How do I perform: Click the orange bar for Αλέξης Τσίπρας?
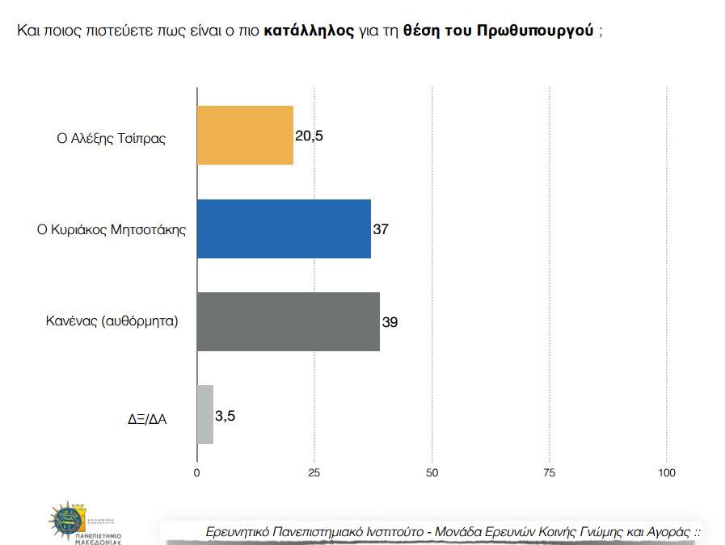(x=245, y=136)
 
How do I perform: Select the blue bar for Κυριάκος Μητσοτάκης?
(x=284, y=228)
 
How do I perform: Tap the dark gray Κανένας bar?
(x=288, y=321)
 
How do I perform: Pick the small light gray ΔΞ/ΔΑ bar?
(x=205, y=414)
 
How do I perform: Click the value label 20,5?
(x=309, y=136)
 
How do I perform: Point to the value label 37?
(x=381, y=229)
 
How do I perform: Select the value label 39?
(x=390, y=322)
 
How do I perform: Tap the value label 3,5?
(x=225, y=417)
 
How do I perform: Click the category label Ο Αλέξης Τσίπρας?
(x=111, y=138)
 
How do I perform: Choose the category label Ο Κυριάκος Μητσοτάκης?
(x=112, y=229)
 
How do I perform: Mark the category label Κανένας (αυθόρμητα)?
(x=112, y=321)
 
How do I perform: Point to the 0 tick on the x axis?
(x=197, y=472)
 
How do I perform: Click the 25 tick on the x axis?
(x=314, y=472)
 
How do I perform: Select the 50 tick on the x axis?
(x=432, y=472)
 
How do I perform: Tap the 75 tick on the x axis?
(x=549, y=472)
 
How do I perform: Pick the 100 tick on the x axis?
(x=667, y=472)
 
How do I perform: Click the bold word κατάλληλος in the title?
(x=309, y=31)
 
